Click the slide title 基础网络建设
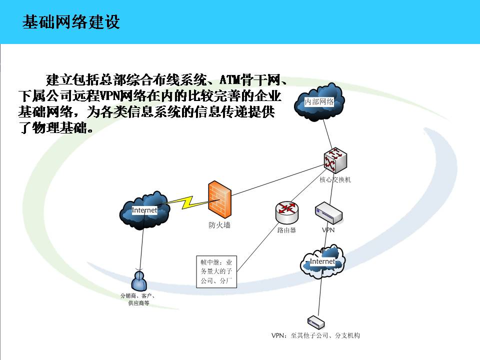click(71, 22)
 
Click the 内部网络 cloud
click(319, 101)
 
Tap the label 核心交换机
click(335, 179)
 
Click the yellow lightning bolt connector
click(187, 202)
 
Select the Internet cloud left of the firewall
click(144, 210)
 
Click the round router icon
click(286, 212)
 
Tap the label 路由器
click(286, 230)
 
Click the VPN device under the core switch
click(328, 213)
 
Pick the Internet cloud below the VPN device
click(322, 262)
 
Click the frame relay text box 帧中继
click(216, 271)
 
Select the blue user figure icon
click(139, 281)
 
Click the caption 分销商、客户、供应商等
click(138, 299)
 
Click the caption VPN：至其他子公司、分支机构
click(315, 335)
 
